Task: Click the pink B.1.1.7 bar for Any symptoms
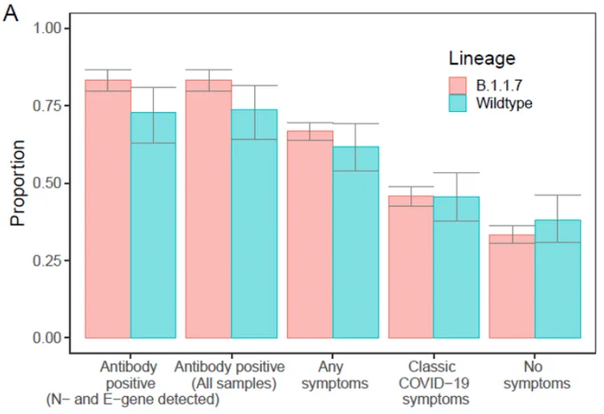click(x=310, y=235)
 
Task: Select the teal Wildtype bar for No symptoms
click(x=558, y=279)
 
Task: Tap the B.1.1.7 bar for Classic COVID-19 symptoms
click(x=411, y=267)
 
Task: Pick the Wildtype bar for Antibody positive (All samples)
click(x=254, y=224)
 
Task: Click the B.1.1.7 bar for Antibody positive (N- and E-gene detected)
click(x=107, y=209)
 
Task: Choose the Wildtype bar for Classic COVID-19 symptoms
click(x=457, y=267)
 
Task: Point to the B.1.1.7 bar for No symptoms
click(x=512, y=286)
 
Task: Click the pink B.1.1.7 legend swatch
click(x=457, y=85)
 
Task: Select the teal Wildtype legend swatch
click(x=457, y=103)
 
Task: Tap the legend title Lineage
click(x=482, y=59)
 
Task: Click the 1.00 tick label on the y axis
click(x=47, y=28)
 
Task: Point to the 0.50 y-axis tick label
click(x=47, y=183)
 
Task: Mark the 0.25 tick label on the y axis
click(x=47, y=260)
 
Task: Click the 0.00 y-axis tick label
click(x=47, y=338)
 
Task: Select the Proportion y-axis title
click(x=18, y=183)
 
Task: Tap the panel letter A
click(x=11, y=14)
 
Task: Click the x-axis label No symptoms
click(x=537, y=375)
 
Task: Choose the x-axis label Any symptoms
click(x=335, y=375)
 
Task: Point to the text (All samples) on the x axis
click(x=234, y=384)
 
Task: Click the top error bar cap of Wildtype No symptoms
click(x=558, y=195)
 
